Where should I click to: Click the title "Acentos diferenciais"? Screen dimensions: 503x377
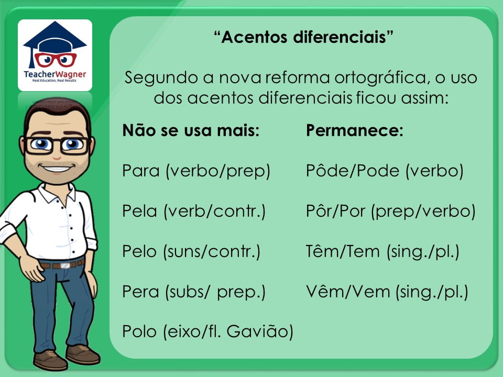click(303, 37)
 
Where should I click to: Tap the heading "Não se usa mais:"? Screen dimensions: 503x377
click(191, 130)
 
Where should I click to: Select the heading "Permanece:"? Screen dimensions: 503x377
click(355, 130)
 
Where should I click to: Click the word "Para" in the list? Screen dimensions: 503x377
click(141, 171)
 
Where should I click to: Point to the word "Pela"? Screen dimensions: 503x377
click(139, 211)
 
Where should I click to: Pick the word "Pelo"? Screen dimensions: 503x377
click(139, 251)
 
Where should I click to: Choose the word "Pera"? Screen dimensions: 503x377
click(140, 292)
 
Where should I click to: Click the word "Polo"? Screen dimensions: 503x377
click(139, 331)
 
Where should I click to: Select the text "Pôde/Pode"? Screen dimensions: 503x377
click(353, 170)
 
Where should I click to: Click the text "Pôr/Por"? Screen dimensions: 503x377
click(335, 210)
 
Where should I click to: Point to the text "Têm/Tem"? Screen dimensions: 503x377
click(343, 251)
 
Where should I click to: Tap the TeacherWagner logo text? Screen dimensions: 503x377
click(55, 74)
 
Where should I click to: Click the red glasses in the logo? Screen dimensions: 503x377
click(55, 60)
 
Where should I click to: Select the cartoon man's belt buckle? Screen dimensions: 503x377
click(65, 265)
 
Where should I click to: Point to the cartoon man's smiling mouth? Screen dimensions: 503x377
click(57, 168)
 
